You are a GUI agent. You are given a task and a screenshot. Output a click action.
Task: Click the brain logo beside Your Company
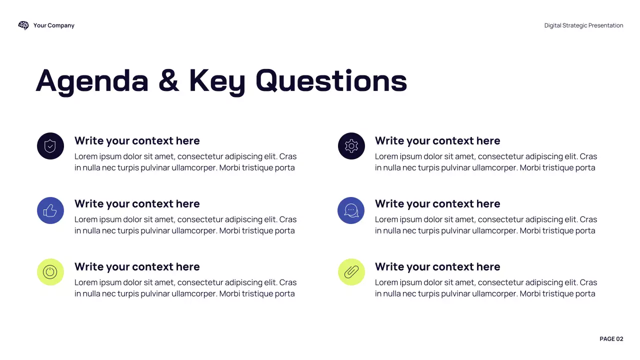click(23, 25)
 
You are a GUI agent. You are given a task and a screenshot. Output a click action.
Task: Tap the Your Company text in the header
click(54, 25)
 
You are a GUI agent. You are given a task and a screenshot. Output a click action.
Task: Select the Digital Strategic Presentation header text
click(583, 25)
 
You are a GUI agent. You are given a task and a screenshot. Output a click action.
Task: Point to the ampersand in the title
click(168, 81)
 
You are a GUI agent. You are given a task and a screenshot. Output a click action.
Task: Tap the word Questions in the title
click(331, 81)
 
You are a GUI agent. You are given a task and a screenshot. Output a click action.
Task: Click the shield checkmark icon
click(50, 146)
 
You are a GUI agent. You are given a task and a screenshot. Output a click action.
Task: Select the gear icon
click(351, 146)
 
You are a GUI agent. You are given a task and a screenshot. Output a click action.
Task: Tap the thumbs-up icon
click(50, 210)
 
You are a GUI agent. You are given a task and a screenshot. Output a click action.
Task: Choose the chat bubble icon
click(351, 210)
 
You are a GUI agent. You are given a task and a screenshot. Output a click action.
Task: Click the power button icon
click(50, 272)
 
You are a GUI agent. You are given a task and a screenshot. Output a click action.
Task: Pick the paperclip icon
click(351, 272)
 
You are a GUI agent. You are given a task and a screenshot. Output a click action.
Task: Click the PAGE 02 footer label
click(611, 339)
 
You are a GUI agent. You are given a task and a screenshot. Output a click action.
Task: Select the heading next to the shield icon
click(137, 141)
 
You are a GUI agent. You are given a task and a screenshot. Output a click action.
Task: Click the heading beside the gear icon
click(437, 141)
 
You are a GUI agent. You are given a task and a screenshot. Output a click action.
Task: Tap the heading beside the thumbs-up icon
click(137, 204)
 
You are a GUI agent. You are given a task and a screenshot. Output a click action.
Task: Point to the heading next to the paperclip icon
click(437, 267)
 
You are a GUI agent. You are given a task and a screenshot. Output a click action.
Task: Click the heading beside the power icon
click(137, 267)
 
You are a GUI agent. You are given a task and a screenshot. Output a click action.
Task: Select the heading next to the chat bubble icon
click(437, 204)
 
